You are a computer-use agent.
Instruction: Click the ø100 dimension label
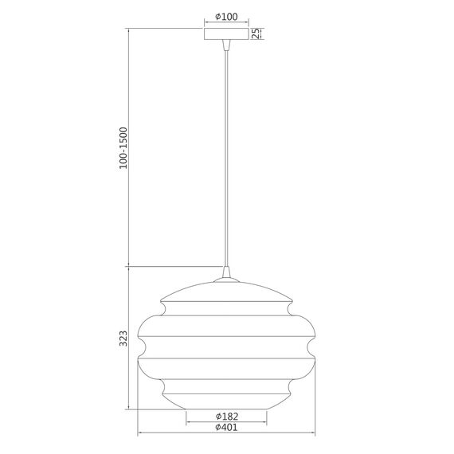227,17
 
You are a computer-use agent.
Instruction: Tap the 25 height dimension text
256,33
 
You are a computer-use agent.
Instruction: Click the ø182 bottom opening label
227,417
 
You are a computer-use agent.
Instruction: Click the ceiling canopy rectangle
227,33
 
